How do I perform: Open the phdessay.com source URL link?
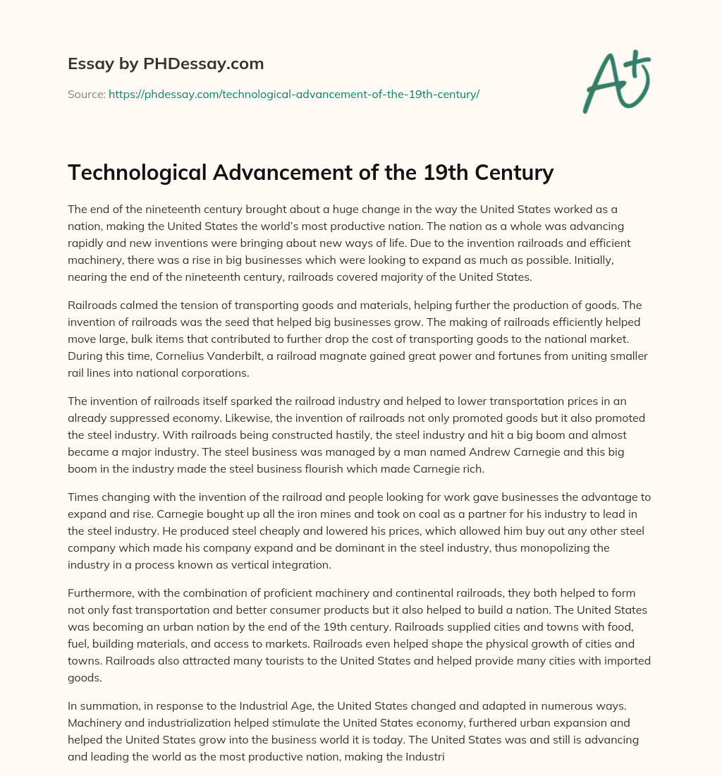coord(294,94)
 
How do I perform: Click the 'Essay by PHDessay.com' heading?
coord(166,63)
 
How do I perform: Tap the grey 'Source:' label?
coord(87,94)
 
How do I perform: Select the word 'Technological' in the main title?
coord(139,173)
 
